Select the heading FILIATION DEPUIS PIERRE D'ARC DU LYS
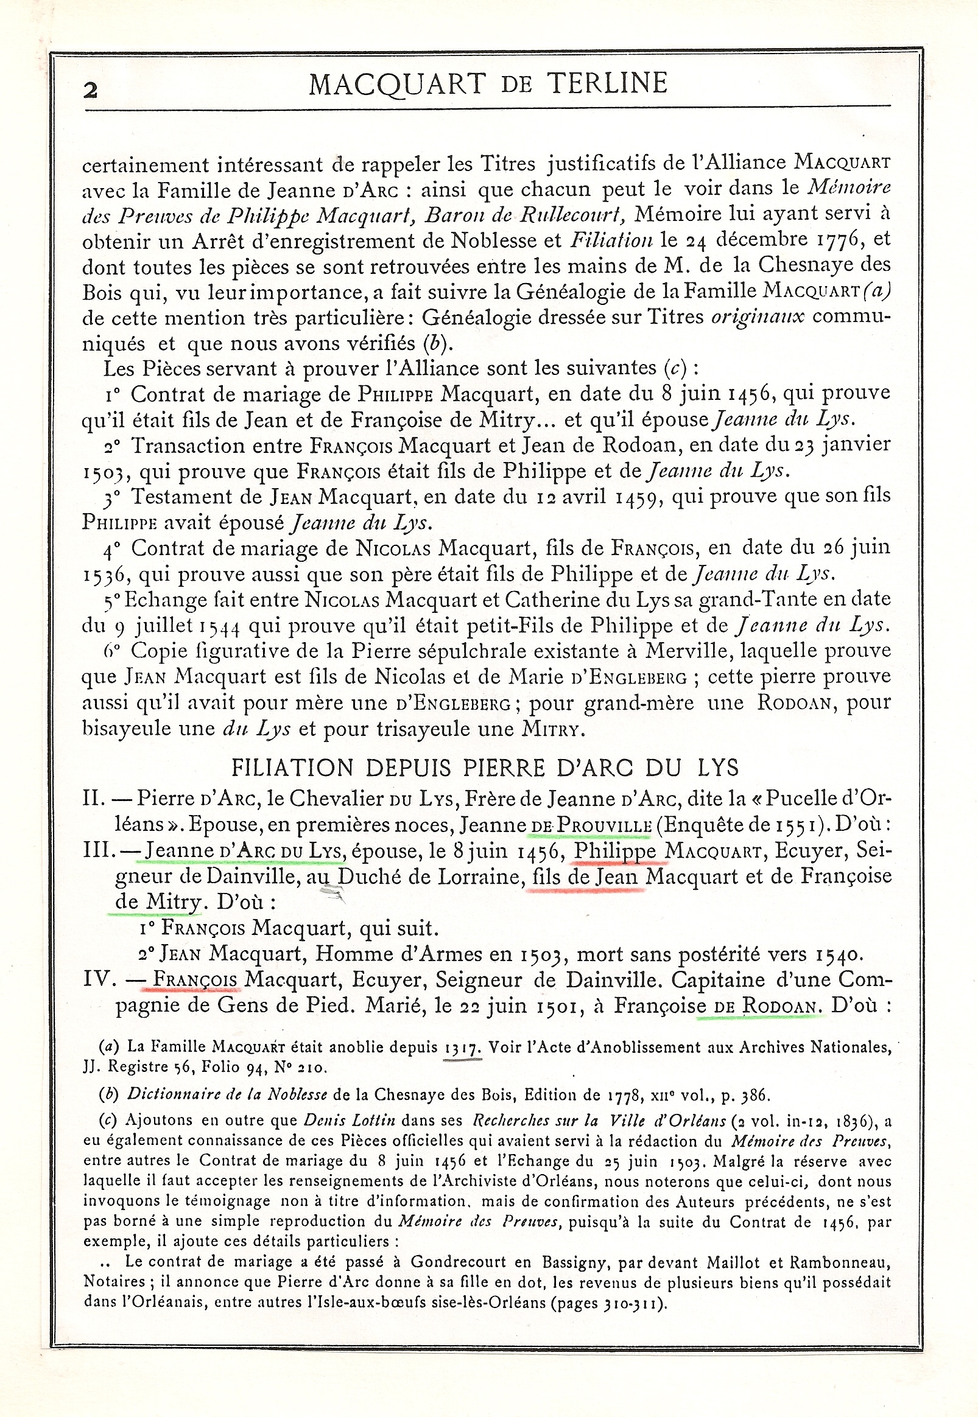tap(485, 768)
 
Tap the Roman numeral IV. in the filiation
tap(99, 980)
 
